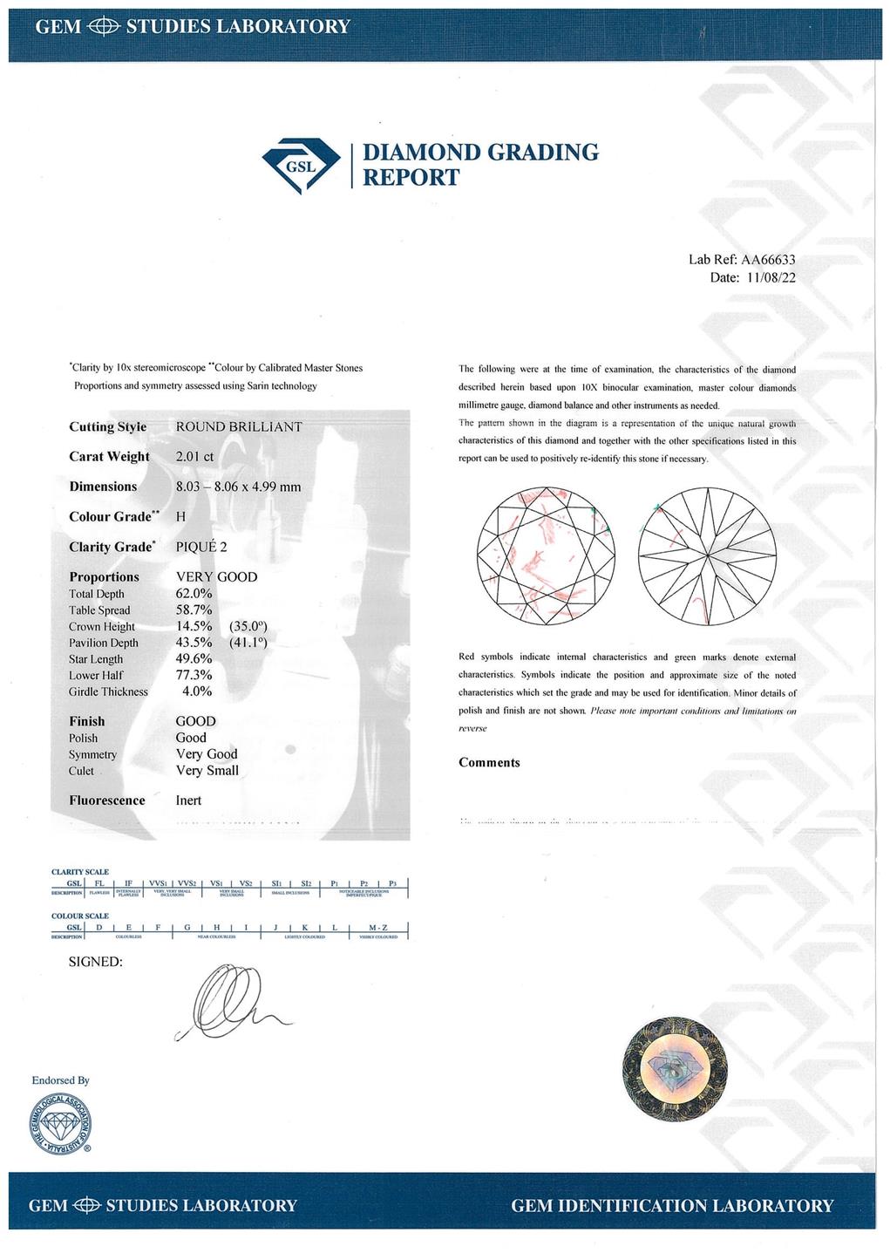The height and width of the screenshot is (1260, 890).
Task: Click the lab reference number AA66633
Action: pos(768,259)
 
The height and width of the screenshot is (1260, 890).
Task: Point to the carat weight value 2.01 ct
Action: pos(194,456)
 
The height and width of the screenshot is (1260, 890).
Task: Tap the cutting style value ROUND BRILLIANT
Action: pos(239,426)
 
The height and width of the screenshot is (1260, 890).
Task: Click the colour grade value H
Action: pos(180,516)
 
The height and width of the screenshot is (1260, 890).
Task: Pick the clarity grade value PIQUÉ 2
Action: pos(201,546)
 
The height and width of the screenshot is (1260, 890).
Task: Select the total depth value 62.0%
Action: pos(194,593)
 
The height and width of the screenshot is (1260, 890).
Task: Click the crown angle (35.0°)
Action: pos(248,626)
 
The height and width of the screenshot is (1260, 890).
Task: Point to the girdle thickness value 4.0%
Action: pos(196,691)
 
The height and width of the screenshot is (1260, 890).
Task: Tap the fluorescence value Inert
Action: pos(188,800)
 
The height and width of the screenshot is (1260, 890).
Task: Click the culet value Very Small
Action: pos(207,770)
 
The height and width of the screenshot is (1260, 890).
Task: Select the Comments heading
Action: pos(489,762)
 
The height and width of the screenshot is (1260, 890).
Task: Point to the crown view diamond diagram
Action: pos(547,555)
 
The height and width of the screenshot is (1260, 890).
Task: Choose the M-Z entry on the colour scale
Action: pos(377,927)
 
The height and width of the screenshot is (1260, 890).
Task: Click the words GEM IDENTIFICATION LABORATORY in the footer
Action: pos(672,1205)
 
